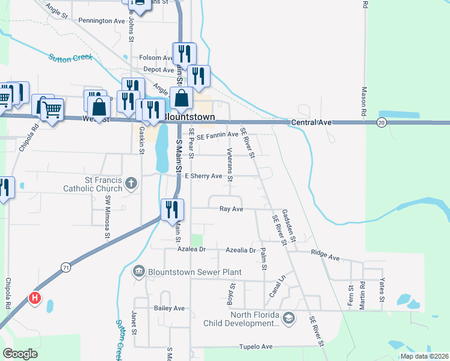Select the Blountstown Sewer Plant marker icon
coord(139,272)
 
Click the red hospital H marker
coord(35,298)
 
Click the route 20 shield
coord(381,122)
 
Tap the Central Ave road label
coord(311,123)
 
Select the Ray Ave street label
coord(231,209)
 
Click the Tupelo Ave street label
coord(256,347)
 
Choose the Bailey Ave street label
coord(169,308)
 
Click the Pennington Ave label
coord(102,20)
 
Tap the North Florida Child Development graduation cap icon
coord(288,318)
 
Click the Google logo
coord(20,353)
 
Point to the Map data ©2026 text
coord(425,356)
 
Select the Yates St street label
coord(381,291)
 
